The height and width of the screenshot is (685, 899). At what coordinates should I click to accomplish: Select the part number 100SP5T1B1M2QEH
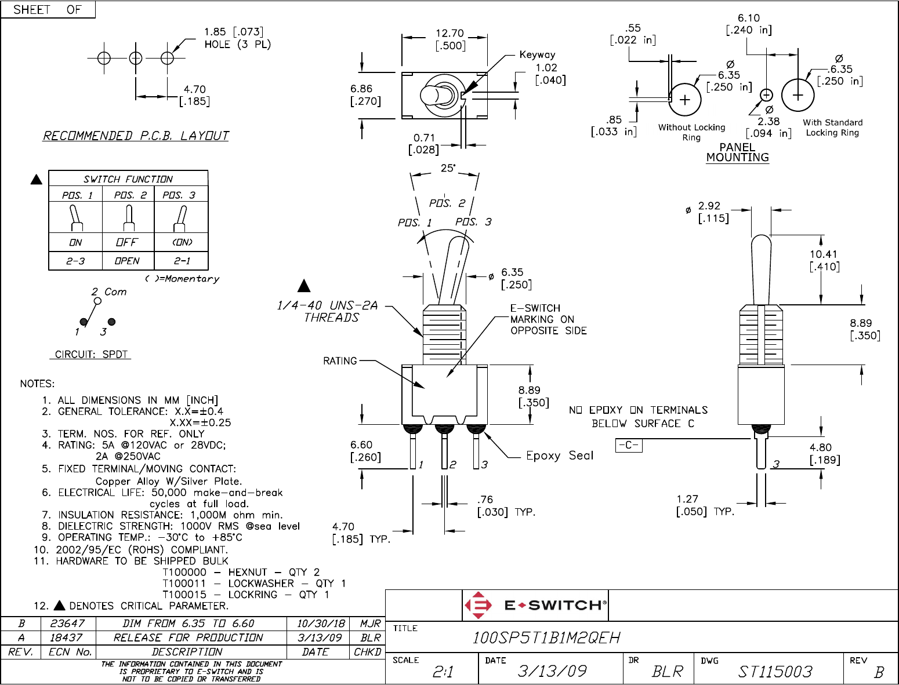pos(546,638)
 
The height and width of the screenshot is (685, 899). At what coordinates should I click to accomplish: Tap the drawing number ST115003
pos(775,672)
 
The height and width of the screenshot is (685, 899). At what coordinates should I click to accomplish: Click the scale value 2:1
pos(443,672)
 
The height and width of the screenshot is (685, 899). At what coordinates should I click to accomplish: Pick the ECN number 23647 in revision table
pos(67,624)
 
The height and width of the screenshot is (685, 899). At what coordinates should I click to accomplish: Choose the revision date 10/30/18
pos(321,624)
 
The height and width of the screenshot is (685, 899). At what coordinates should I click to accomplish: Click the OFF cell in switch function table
pos(127,242)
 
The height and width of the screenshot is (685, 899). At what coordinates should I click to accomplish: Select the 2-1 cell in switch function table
pos(182,261)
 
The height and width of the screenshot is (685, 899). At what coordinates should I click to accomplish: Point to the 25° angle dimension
pos(448,168)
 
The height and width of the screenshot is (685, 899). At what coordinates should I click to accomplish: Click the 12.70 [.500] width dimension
pos(450,39)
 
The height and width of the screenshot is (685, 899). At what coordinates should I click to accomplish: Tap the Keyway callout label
pos(537,55)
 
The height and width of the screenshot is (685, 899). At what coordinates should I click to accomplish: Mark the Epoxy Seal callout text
pos(560,456)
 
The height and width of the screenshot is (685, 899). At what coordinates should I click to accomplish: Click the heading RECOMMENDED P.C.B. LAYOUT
pos(136,136)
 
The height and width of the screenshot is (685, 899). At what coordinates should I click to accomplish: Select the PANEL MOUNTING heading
pos(737,152)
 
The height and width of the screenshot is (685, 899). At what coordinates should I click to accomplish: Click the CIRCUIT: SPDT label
pos(91,354)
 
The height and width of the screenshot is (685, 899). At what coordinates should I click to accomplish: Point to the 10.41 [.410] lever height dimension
pos(824,260)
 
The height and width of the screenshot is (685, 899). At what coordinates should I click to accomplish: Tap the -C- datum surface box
pos(628,445)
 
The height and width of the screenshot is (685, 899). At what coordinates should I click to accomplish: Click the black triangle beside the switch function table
pos(37,179)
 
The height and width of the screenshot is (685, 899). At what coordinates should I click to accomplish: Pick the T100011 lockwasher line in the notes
pos(254,583)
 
